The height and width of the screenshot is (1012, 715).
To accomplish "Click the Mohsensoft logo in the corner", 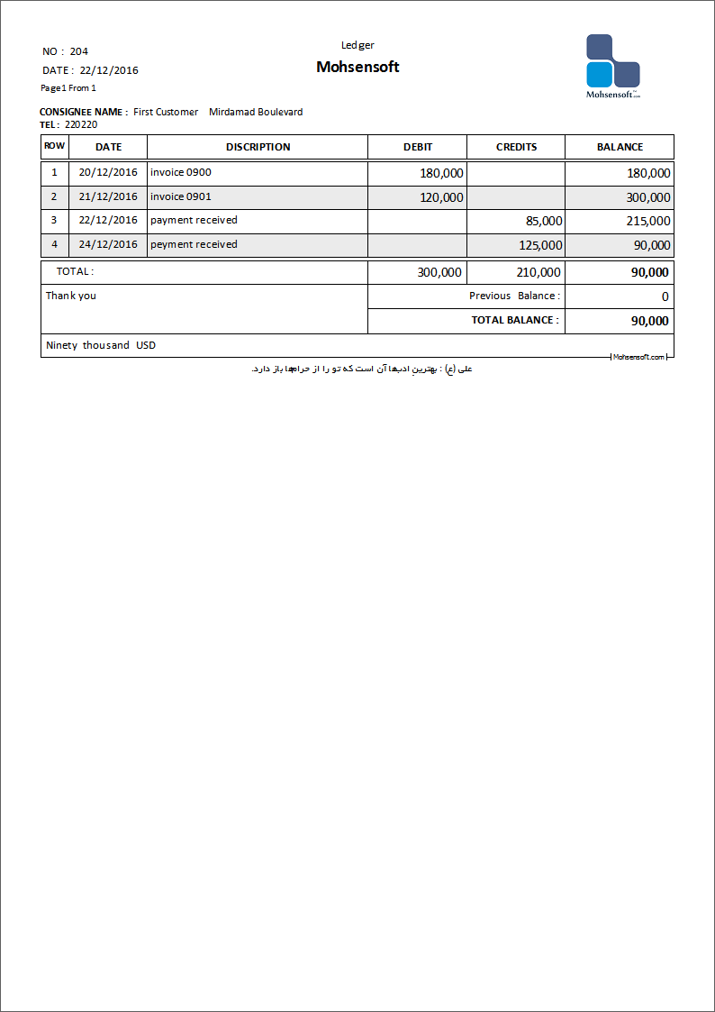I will coord(612,65).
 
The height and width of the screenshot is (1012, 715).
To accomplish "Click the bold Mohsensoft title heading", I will coord(357,67).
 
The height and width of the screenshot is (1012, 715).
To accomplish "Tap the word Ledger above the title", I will coord(357,45).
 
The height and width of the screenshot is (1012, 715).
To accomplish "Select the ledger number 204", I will coord(79,51).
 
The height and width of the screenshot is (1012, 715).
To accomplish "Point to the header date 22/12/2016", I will coord(109,70).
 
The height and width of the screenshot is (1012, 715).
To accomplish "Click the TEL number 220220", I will coord(81,124).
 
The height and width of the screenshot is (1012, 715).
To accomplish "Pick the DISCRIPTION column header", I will coord(258,147).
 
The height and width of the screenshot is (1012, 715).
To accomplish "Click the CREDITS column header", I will coord(516,147).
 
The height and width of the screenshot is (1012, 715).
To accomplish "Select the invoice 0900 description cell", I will coord(181,172).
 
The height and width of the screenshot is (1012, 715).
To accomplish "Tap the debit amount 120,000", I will coord(441,197).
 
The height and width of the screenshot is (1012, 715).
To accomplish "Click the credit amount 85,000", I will coord(544,221).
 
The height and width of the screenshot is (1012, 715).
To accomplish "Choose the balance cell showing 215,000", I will coord(648,221).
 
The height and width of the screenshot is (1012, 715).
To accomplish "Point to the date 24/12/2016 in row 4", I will coord(108,244).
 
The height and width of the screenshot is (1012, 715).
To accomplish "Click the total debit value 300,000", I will coord(439,272).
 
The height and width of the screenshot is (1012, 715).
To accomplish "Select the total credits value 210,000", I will coord(539,272).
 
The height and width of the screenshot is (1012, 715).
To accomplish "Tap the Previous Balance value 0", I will coord(665,296).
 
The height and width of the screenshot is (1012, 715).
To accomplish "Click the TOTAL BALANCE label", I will coord(515,320).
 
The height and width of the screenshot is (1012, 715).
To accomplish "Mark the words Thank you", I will coord(71,296).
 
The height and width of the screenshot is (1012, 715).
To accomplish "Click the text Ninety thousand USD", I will coord(101,345).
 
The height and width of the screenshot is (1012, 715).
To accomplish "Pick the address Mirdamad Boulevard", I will coord(256,112).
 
